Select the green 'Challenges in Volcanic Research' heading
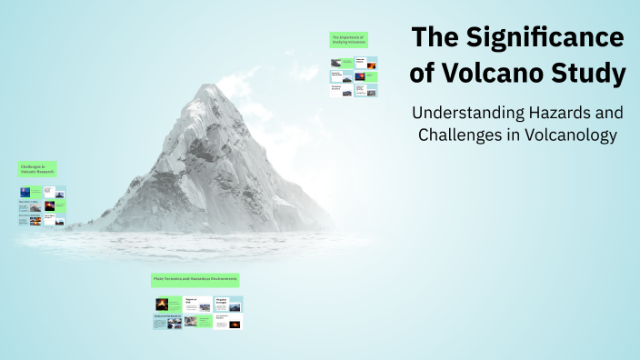click(x=41, y=169)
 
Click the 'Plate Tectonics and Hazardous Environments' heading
click(x=195, y=280)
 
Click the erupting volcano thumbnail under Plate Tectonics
click(x=162, y=304)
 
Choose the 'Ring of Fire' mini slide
click(x=198, y=304)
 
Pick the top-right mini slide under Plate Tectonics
click(x=228, y=304)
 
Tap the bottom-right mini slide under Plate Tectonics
click(x=228, y=321)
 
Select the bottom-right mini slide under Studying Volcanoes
click(x=365, y=90)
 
